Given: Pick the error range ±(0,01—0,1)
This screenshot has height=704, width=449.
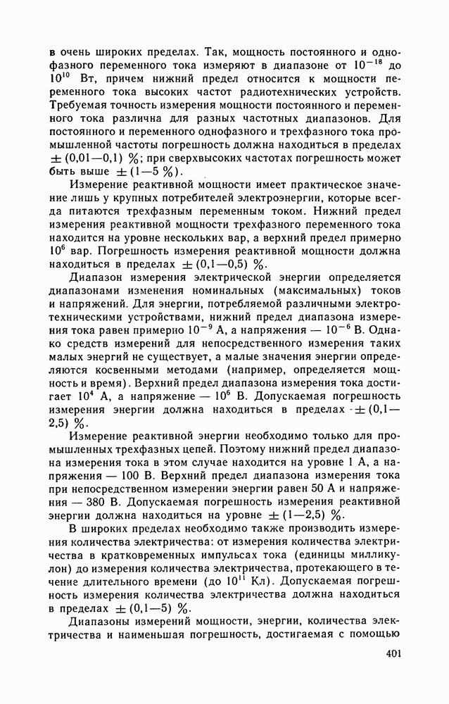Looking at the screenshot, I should click(84, 158).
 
